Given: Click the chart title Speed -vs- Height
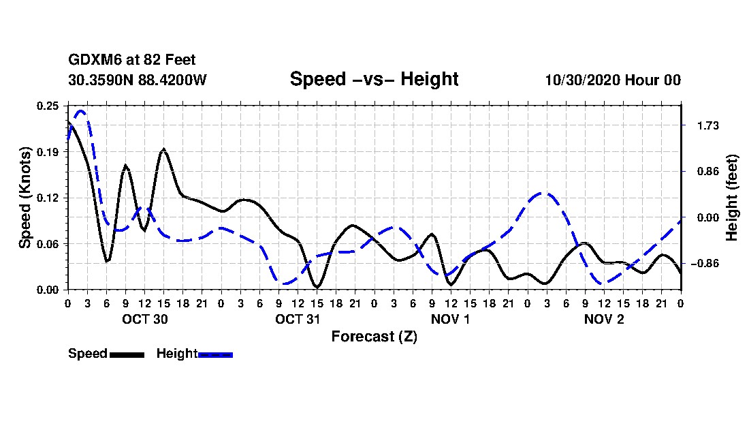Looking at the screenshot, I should click(374, 79).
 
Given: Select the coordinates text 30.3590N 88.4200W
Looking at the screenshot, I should click(137, 80).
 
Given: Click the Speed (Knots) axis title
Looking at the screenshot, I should click(25, 198).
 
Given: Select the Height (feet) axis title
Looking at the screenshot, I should click(732, 198).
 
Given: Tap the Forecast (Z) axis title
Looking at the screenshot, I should click(374, 337).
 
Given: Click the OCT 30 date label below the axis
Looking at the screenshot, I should click(144, 319).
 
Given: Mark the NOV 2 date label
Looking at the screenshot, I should click(604, 319).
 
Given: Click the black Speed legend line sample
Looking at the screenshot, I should click(127, 354).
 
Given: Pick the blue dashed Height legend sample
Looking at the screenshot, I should click(215, 354).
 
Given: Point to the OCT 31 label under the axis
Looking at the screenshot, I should click(298, 319).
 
